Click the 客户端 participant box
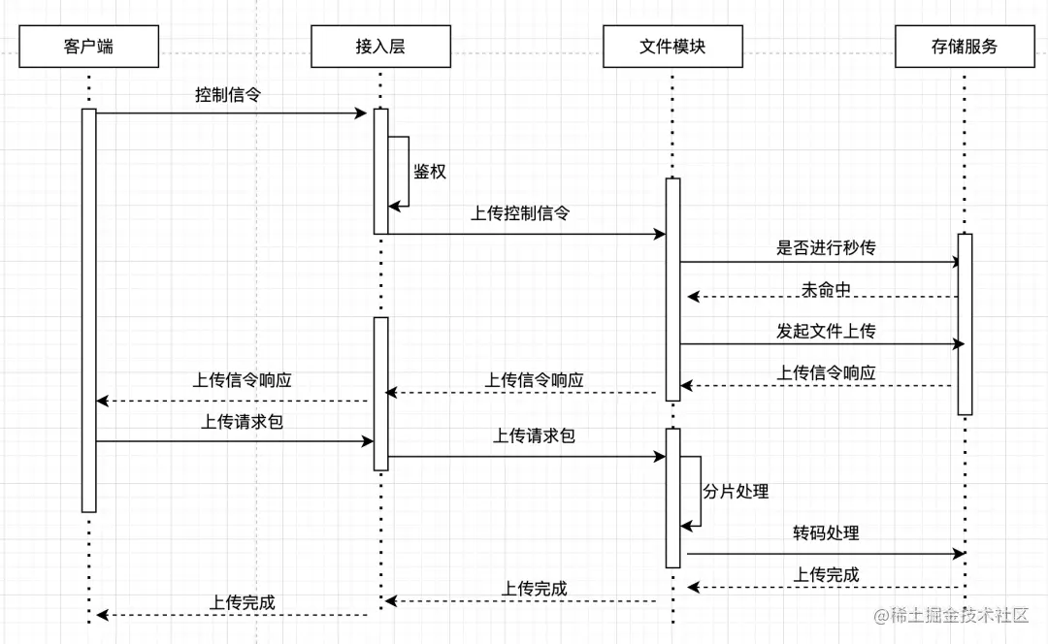coord(88,47)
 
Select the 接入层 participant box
coord(380,47)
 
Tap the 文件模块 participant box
coord(672,47)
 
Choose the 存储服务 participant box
coord(965,47)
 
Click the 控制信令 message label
coord(228,95)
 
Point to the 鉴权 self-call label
coord(430,172)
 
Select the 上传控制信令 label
coord(520,213)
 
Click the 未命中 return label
coord(826,289)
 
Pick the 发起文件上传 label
coord(826,331)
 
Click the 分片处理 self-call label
coord(736,492)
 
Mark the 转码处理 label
coord(826,533)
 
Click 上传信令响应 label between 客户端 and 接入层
coord(242,380)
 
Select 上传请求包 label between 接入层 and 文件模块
coord(534,435)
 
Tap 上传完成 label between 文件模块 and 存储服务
coord(826,574)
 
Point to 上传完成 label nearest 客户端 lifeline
coord(242,602)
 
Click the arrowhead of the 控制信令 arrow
coord(362,113)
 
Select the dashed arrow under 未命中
coord(823,297)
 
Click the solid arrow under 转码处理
coord(825,554)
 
